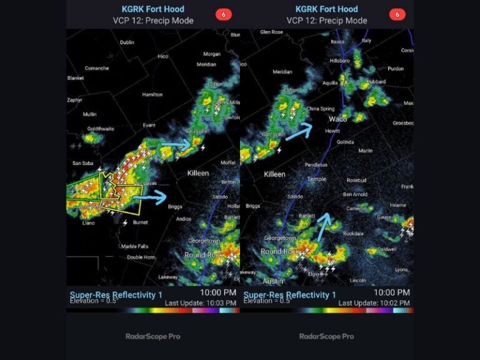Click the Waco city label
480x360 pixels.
tap(338, 119)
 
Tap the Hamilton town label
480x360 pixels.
tap(152, 94)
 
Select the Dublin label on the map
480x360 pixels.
tap(127, 42)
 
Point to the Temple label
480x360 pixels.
tap(316, 179)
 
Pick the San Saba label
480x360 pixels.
tap(82, 163)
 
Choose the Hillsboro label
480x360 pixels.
tap(339, 61)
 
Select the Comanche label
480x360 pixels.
tap(97, 68)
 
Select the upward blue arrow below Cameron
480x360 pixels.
tap(324, 226)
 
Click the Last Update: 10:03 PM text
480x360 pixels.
tap(201, 303)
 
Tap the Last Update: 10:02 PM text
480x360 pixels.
tap(374, 303)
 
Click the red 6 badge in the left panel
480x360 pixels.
tap(223, 14)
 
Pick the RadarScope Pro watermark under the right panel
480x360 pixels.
tap(327, 336)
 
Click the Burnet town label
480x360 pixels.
tap(141, 222)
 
